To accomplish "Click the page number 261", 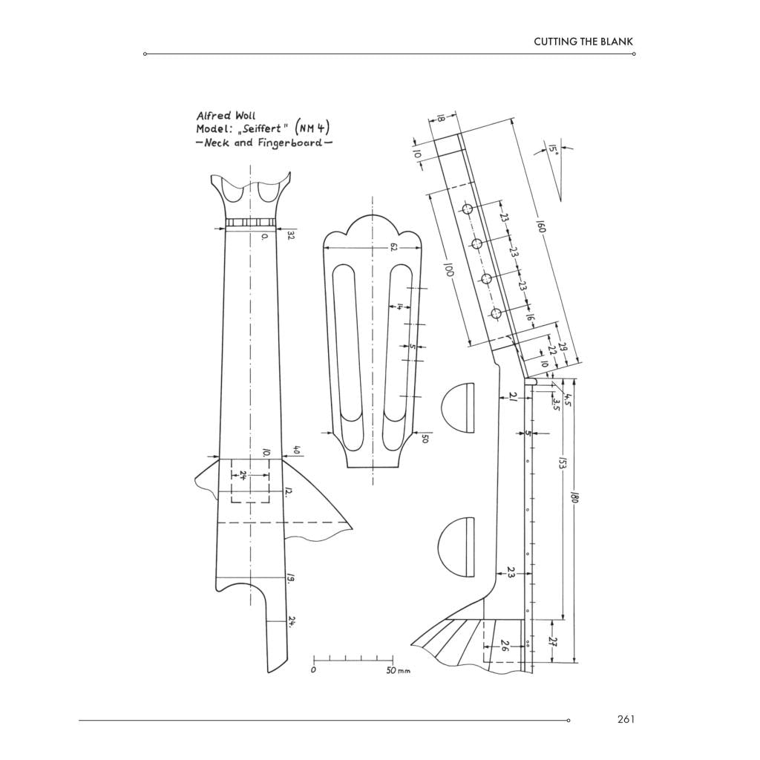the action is point(626,718).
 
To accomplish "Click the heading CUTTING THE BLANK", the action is point(583,42).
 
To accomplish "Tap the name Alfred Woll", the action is point(226,116).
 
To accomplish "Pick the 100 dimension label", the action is point(448,269).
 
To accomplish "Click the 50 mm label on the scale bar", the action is point(398,671).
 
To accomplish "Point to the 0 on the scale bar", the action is point(314,670).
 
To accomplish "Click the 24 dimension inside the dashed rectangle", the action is point(243,476).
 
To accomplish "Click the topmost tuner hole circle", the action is point(468,209).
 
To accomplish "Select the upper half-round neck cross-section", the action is point(458,407).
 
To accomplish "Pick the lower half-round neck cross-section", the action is point(456,547).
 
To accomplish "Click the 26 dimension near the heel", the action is point(504,646).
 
